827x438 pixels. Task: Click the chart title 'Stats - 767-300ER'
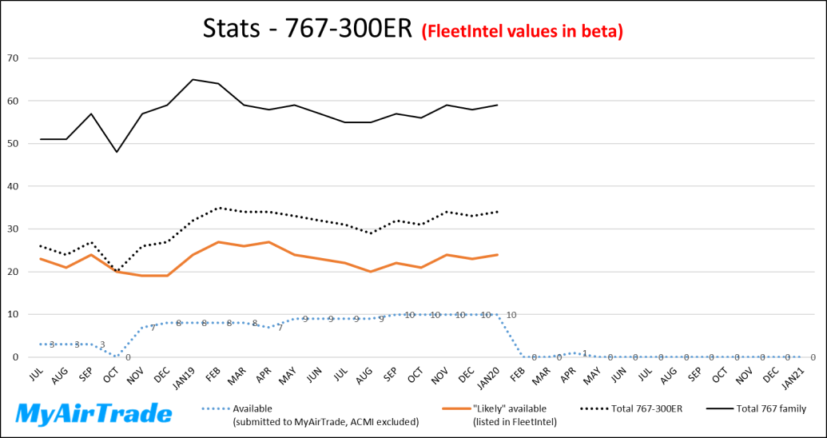click(308, 31)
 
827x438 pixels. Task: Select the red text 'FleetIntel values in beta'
click(522, 32)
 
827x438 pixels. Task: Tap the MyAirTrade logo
click(94, 413)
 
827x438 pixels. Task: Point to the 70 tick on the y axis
click(13, 58)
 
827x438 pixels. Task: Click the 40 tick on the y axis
click(13, 186)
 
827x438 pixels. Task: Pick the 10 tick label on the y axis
click(13, 315)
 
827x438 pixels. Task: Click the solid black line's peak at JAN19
click(193, 79)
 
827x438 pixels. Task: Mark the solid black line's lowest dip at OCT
click(117, 152)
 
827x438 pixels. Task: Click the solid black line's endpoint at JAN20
click(498, 105)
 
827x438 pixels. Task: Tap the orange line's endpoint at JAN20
click(498, 254)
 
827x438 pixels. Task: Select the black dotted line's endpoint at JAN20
click(498, 212)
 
